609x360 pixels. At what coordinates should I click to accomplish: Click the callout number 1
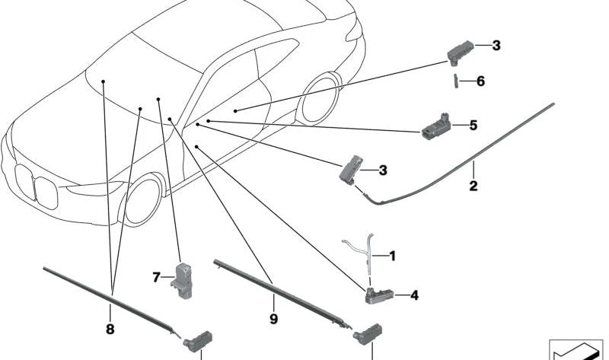392,256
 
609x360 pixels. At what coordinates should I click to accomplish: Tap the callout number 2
473,185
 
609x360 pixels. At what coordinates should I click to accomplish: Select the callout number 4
413,295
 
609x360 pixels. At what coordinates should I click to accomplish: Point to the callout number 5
473,125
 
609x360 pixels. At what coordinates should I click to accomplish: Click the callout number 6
480,81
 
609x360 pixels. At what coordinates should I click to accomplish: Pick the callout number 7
158,278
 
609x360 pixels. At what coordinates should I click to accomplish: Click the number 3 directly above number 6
496,46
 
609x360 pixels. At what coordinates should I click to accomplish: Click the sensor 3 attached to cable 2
351,170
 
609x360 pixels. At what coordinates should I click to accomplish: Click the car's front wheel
142,199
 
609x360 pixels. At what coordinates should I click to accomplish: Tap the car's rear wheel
319,98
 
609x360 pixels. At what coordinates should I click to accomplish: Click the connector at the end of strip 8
199,336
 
